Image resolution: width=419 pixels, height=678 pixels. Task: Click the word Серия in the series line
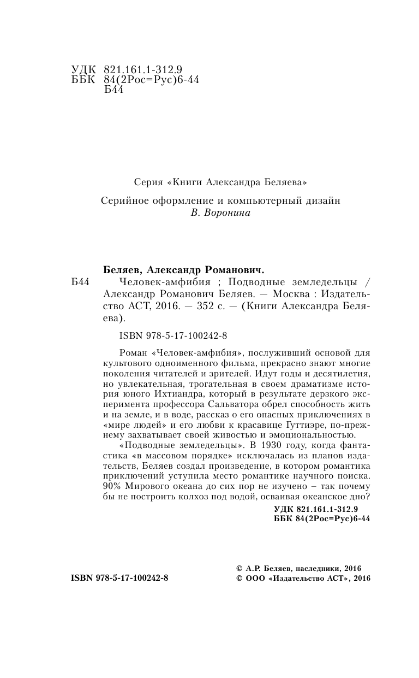(146, 180)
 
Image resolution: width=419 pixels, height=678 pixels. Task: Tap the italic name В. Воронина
(220, 213)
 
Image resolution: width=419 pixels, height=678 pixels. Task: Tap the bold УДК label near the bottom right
(284, 509)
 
